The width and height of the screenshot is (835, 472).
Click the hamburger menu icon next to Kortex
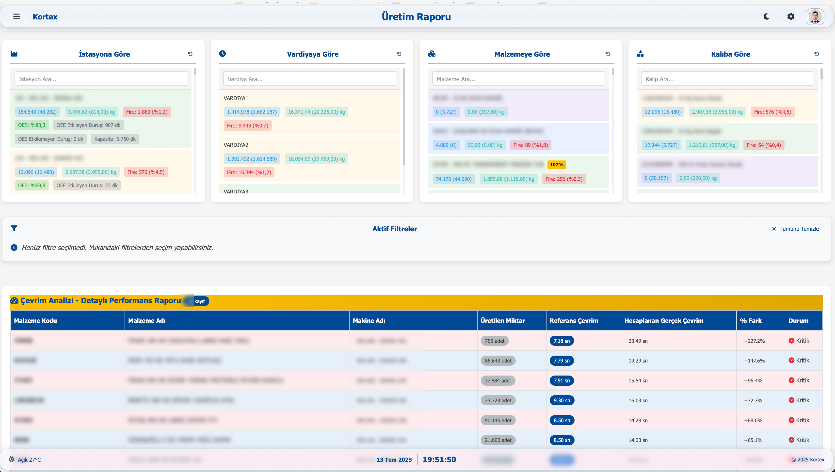click(16, 16)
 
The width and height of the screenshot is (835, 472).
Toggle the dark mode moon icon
click(767, 16)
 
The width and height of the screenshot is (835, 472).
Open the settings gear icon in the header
click(791, 16)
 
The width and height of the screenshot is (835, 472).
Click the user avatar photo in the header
click(815, 16)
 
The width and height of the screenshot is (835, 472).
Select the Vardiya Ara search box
click(309, 79)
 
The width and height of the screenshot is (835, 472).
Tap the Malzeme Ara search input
click(518, 79)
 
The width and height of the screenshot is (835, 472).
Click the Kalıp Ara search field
click(727, 79)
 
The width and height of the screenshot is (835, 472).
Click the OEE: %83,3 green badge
click(32, 125)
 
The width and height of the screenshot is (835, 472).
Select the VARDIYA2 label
click(236, 145)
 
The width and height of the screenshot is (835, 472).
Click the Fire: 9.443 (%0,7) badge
click(247, 126)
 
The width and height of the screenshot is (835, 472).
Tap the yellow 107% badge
click(556, 165)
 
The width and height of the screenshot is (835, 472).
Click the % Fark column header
click(751, 321)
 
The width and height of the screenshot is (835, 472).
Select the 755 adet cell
click(495, 341)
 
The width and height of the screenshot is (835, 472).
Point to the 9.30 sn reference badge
click(562, 400)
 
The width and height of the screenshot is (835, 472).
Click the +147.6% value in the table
click(754, 361)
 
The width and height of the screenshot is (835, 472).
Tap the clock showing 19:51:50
click(439, 459)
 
